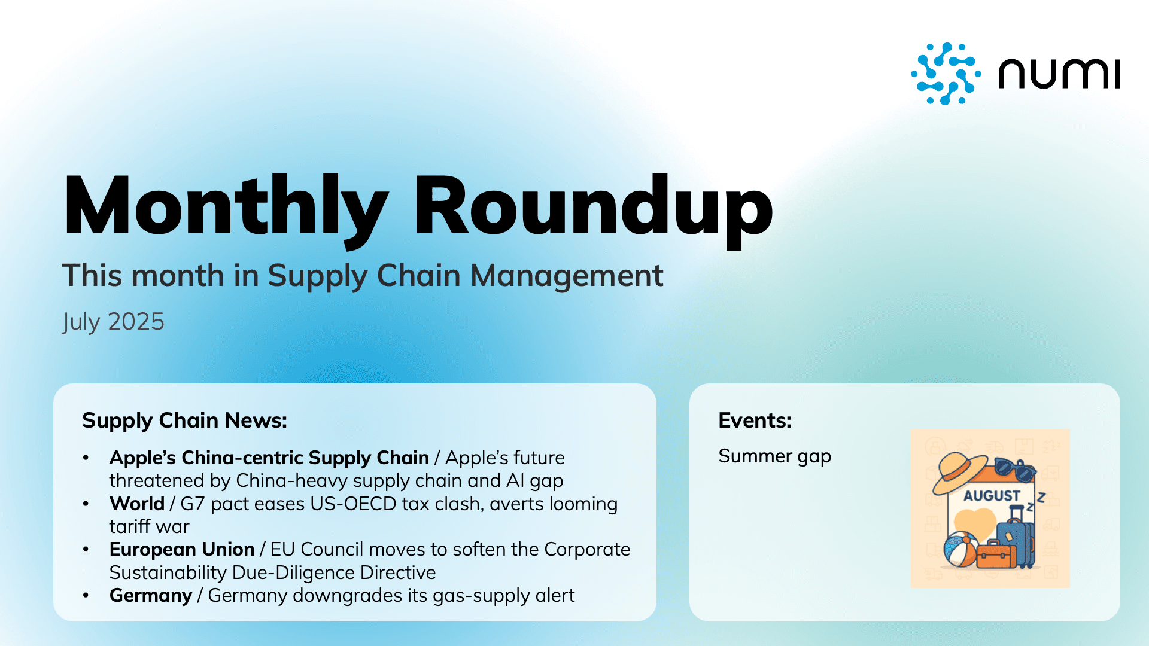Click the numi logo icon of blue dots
pyautogui.click(x=946, y=74)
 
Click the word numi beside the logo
pyautogui.click(x=1059, y=74)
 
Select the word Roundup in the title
pyautogui.click(x=592, y=206)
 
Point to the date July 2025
pyautogui.click(x=113, y=322)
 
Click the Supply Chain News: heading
pyautogui.click(x=184, y=420)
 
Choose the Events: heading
pyautogui.click(x=755, y=420)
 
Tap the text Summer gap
pyautogui.click(x=774, y=456)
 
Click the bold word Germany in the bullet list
pyautogui.click(x=150, y=596)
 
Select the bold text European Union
pyautogui.click(x=182, y=549)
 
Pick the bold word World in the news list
pyautogui.click(x=136, y=504)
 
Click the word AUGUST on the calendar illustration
pyautogui.click(x=991, y=496)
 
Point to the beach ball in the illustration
pyautogui.click(x=960, y=549)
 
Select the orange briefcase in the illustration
pyautogui.click(x=996, y=555)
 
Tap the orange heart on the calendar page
pyautogui.click(x=974, y=522)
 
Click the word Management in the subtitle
pyautogui.click(x=567, y=276)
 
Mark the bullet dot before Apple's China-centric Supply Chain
pyautogui.click(x=86, y=458)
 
